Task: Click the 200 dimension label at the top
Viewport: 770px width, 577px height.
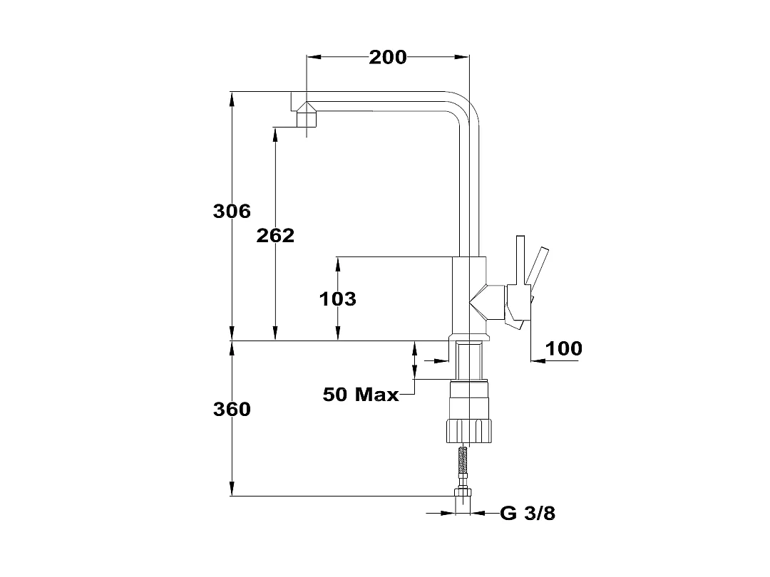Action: point(388,58)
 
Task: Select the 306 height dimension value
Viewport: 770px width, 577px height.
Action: point(232,211)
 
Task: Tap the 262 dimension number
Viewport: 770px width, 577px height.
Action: point(275,236)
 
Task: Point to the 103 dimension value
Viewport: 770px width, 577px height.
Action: point(338,298)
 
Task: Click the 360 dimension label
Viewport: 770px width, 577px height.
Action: point(232,409)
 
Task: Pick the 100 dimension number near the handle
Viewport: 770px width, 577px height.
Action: point(564,348)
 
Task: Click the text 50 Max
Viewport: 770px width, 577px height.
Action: point(361,394)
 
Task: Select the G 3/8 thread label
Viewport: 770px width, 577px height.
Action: point(528,513)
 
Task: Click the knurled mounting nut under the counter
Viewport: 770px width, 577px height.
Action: point(469,431)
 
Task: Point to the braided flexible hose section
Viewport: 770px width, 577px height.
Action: point(462,467)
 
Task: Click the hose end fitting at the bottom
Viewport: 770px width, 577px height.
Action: point(463,501)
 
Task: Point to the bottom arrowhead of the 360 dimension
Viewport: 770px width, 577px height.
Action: point(232,489)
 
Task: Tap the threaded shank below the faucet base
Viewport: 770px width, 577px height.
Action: point(470,360)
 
